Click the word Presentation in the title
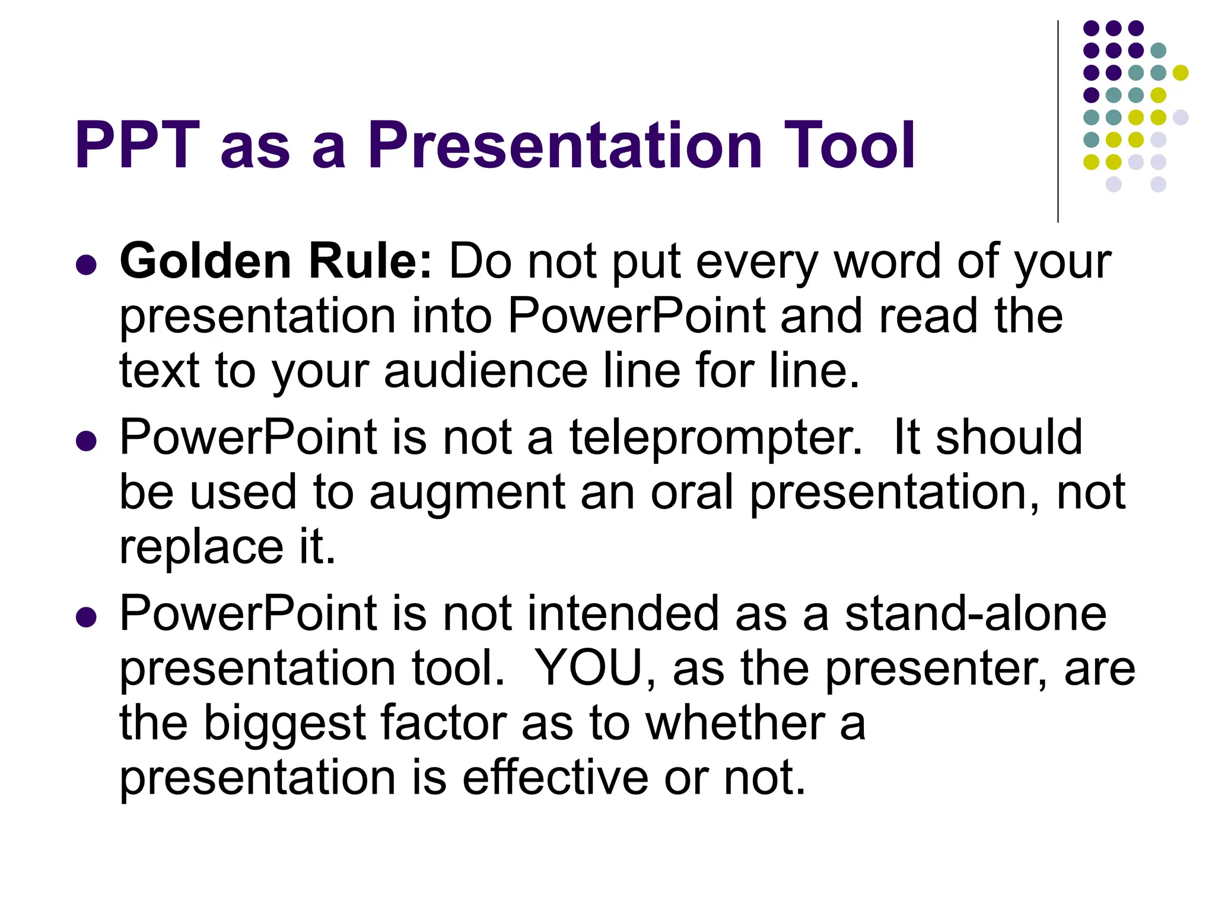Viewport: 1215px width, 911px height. [564, 145]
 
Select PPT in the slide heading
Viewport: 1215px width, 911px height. [136, 145]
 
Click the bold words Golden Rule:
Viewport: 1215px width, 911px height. [276, 261]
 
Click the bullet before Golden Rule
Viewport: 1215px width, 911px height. [87, 265]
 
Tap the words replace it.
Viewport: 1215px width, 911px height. [227, 547]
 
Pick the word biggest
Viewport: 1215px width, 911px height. [285, 724]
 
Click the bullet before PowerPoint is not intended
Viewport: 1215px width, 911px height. [87, 617]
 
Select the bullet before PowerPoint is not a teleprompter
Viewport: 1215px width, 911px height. [87, 441]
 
